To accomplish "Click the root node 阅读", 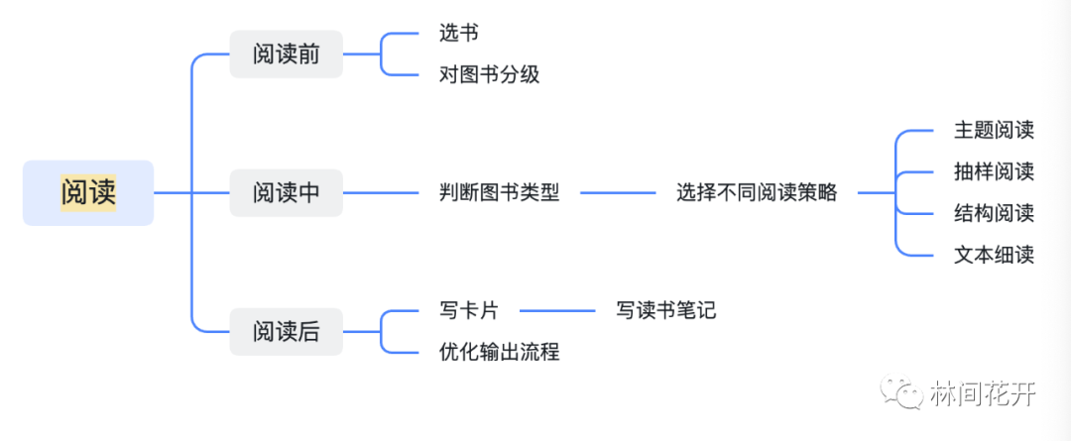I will click(88, 192).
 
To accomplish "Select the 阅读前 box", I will click(286, 54).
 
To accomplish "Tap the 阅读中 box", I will click(286, 192).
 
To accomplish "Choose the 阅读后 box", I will click(286, 331).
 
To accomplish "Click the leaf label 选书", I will click(458, 33).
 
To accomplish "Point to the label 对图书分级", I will click(489, 74).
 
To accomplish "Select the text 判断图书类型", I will click(499, 192).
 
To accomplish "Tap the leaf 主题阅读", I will click(994, 131).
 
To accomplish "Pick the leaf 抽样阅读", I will click(994, 171).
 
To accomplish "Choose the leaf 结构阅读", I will click(994, 213).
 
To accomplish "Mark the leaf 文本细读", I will click(994, 255).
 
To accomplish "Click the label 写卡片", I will click(468, 310).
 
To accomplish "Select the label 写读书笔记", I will click(665, 310).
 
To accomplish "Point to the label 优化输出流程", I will click(499, 352).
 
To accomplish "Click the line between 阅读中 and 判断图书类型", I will click(381, 192).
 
